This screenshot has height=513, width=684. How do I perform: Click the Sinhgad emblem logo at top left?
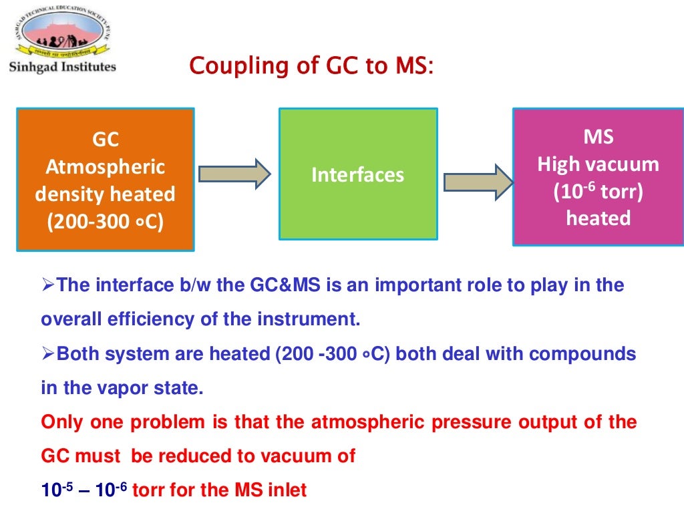pos(61,31)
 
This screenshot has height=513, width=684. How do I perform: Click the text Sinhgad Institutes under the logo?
pos(61,66)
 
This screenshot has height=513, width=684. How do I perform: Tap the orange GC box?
pos(105,180)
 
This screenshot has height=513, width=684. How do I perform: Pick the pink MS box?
pos(598,177)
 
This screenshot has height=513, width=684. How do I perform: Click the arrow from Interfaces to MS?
pos(478,182)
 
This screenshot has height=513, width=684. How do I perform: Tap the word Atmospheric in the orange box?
pos(105,167)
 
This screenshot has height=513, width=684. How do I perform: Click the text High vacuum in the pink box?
pos(598,164)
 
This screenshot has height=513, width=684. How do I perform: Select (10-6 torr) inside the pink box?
pos(598,192)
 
